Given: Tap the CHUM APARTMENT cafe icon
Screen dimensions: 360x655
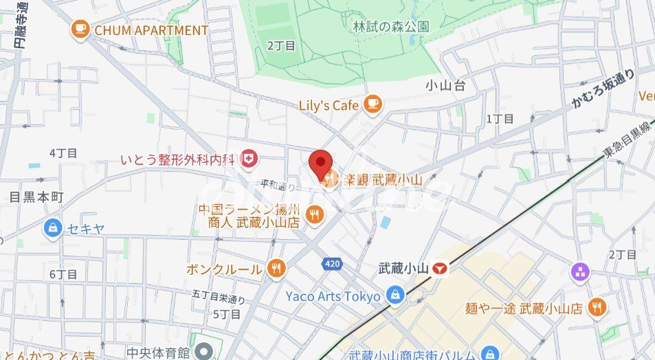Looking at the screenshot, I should [80, 30].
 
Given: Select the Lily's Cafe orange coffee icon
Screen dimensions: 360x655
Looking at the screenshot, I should [373, 104].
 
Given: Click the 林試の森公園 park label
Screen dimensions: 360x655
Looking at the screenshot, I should [390, 27].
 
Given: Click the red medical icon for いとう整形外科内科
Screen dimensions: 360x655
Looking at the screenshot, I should [249, 160].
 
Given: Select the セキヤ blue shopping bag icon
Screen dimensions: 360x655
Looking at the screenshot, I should [52, 228].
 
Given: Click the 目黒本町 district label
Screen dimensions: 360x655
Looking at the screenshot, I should [36, 197].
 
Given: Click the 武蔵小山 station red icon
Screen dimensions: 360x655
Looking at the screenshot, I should [440, 269].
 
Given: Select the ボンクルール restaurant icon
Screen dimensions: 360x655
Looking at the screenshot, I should [276, 269].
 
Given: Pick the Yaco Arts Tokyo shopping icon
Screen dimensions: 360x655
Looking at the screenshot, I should [395, 296].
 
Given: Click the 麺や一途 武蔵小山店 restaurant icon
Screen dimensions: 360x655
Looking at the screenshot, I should [597, 308].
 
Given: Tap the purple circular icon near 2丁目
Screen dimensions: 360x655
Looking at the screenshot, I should [581, 272].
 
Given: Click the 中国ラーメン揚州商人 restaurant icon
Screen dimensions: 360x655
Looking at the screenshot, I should [315, 214].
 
